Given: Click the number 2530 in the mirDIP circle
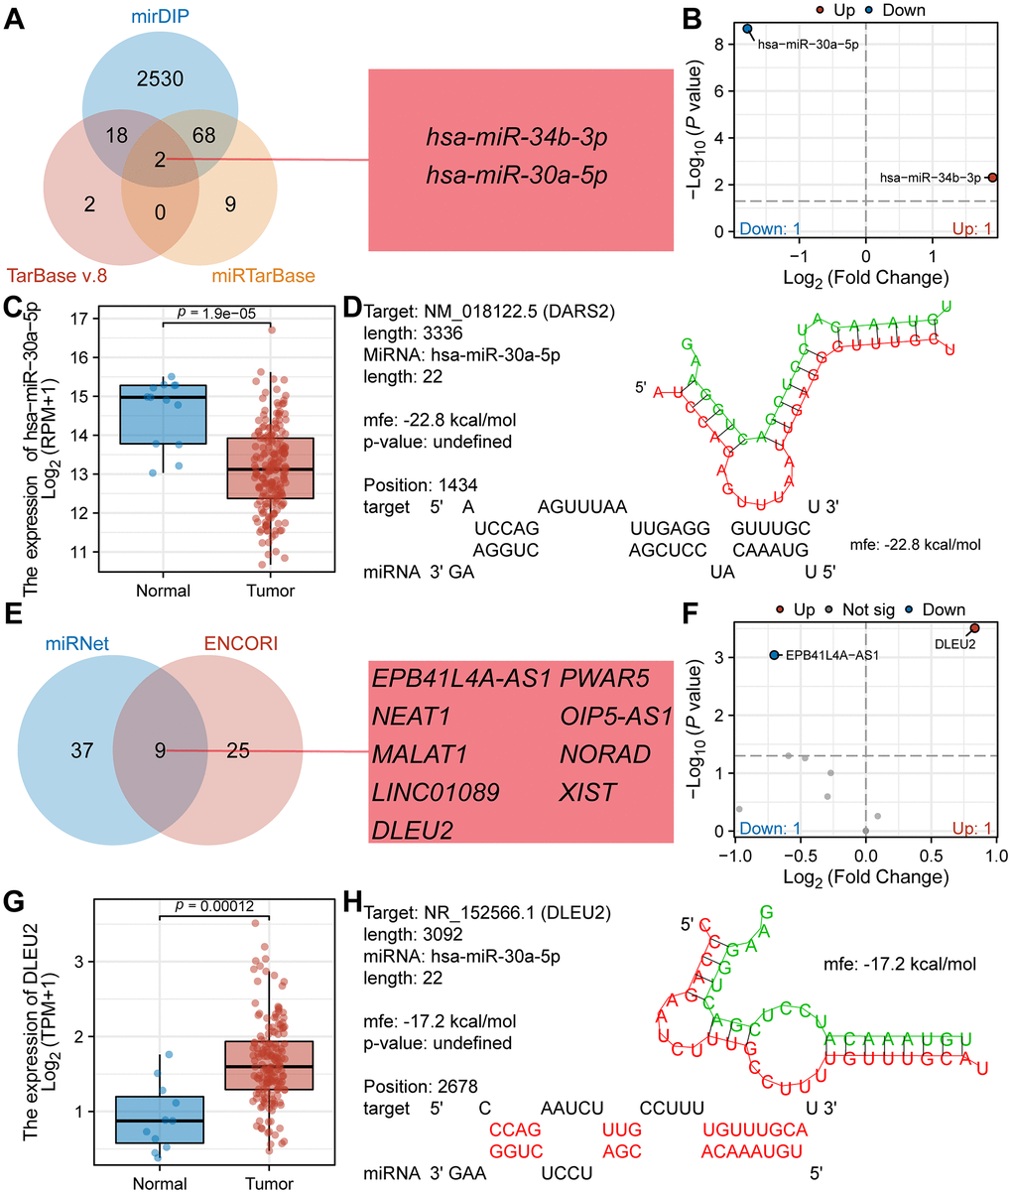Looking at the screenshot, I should pos(159,78).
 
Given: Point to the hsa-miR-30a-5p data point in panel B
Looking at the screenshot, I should pos(747,30).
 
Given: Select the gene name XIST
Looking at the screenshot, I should pos(587,791).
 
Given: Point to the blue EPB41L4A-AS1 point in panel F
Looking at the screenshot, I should pos(774,655).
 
